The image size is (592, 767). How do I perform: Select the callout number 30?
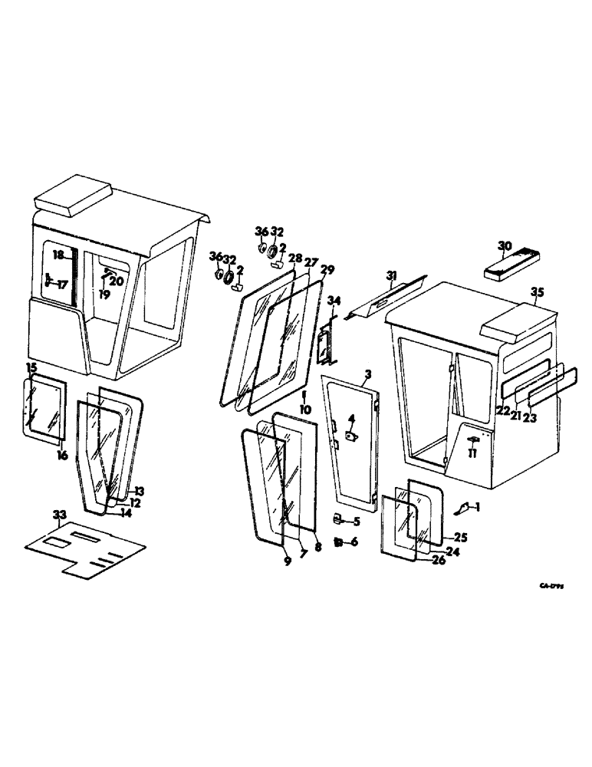pos(504,246)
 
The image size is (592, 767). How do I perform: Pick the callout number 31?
pos(392,275)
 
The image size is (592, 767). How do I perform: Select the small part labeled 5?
pos(338,520)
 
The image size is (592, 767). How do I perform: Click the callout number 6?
pos(354,542)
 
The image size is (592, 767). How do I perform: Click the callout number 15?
pos(31,368)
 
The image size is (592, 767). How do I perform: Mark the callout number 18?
pos(58,254)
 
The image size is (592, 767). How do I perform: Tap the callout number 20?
pos(117,280)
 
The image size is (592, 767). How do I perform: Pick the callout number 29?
pos(327,270)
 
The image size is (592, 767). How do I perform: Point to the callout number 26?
pos(440,559)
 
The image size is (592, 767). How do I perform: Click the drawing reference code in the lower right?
pos(551,585)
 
